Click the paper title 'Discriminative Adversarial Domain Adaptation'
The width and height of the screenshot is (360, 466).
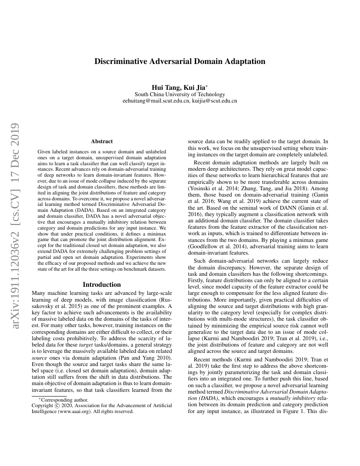click(180, 61)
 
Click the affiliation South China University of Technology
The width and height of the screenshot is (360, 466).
click(180, 94)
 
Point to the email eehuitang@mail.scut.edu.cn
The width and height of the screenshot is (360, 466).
click(155, 101)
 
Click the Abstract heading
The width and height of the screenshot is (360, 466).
click(102, 141)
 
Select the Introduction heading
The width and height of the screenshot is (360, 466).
click(102, 285)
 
